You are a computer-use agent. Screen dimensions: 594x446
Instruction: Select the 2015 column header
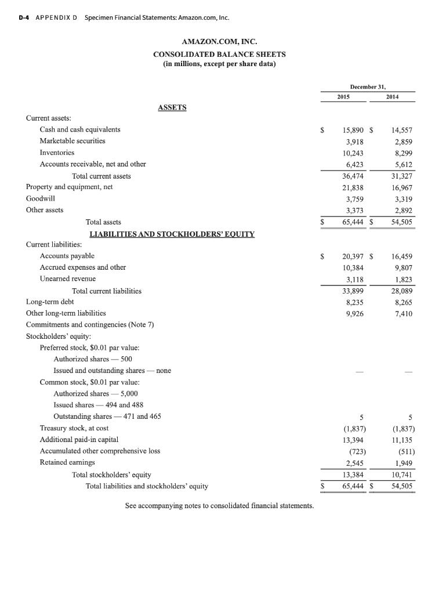[343, 96]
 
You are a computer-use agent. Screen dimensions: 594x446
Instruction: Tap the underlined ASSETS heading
[172, 107]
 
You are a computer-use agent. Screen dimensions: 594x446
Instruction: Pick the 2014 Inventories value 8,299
[401, 153]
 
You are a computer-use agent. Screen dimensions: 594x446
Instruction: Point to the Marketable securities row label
[72, 141]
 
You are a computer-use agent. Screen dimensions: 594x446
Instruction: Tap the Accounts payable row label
[67, 256]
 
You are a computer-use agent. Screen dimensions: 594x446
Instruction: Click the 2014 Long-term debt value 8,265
[401, 302]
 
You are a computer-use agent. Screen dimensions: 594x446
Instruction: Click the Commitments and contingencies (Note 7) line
[90, 325]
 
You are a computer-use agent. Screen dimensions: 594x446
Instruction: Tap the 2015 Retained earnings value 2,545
[354, 463]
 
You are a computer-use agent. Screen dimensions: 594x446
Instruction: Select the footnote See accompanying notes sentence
[219, 506]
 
